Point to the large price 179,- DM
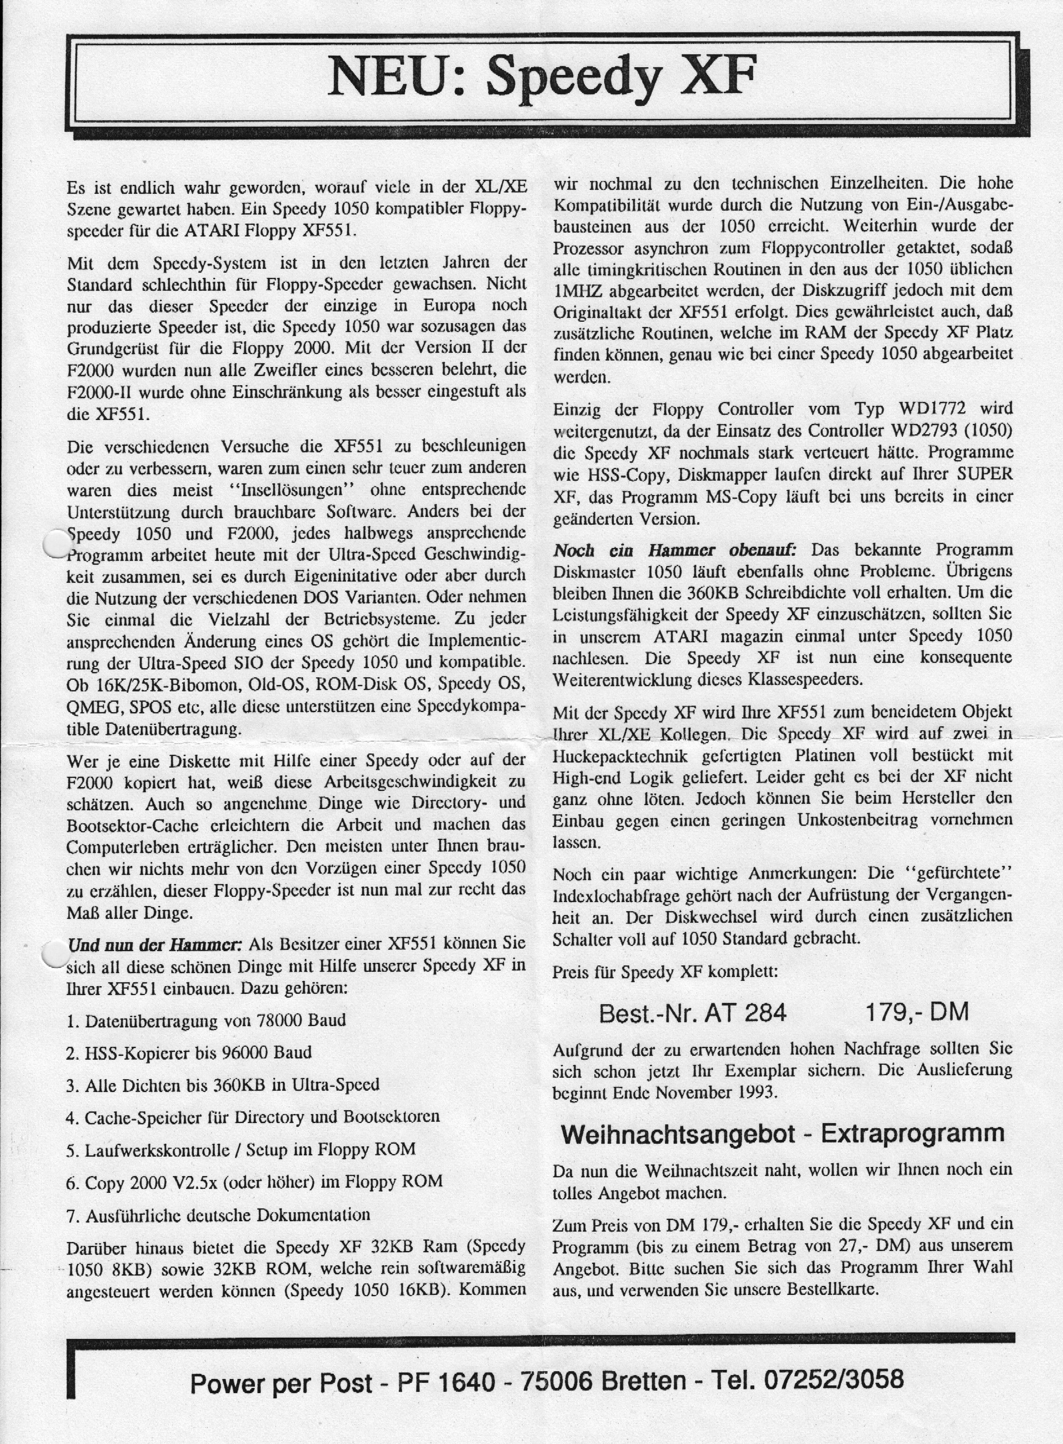pyautogui.click(x=916, y=1012)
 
